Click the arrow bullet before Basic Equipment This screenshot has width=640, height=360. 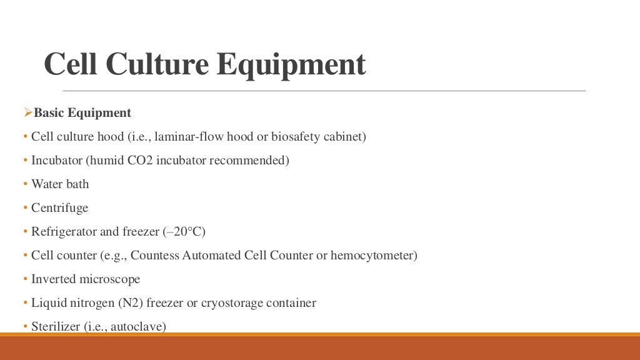coord(27,112)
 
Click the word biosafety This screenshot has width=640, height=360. coord(299,137)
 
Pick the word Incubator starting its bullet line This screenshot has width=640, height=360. coord(57,161)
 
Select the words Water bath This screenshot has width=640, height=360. coord(60,184)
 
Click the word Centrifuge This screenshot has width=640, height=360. coord(59,208)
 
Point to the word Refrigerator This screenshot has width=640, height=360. coord(64,232)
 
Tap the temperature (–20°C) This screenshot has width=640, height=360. coord(184,232)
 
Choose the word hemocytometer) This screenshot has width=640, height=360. coord(378,256)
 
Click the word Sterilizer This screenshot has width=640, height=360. coord(56,326)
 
